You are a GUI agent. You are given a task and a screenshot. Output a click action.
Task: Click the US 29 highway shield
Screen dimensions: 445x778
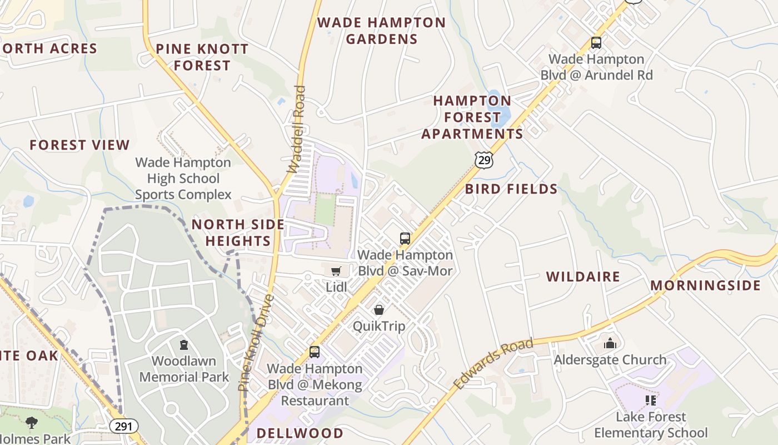[484, 160]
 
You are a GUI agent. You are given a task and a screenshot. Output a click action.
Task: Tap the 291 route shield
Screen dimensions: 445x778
[123, 427]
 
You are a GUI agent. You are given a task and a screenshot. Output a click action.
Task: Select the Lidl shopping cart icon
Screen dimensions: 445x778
[336, 271]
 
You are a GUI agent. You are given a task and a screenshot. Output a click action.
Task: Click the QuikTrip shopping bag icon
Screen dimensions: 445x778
[379, 310]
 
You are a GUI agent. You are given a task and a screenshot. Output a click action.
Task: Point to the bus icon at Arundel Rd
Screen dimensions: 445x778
[596, 42]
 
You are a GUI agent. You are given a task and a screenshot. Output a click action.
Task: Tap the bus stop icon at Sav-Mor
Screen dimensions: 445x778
[405, 239]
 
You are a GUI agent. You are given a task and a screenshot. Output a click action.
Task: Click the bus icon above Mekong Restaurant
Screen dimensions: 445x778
[315, 352]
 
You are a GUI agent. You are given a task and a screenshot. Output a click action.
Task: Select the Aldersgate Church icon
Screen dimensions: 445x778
[610, 343]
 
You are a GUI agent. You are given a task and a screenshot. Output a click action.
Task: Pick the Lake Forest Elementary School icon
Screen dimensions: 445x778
[651, 400]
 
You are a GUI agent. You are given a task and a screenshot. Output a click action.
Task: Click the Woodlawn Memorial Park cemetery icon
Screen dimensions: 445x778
[184, 345]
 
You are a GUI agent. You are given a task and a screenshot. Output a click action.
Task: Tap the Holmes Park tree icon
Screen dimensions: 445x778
[32, 423]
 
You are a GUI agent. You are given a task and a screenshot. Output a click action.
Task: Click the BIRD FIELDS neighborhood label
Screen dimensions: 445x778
[511, 189]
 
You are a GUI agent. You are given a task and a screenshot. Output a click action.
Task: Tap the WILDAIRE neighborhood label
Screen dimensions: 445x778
[583, 277]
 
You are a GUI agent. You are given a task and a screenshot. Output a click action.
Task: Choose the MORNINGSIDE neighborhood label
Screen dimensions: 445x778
[705, 286]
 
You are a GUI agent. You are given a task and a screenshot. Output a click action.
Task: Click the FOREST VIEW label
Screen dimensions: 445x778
[79, 145]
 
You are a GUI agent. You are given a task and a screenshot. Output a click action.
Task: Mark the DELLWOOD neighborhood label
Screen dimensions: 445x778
[300, 433]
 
